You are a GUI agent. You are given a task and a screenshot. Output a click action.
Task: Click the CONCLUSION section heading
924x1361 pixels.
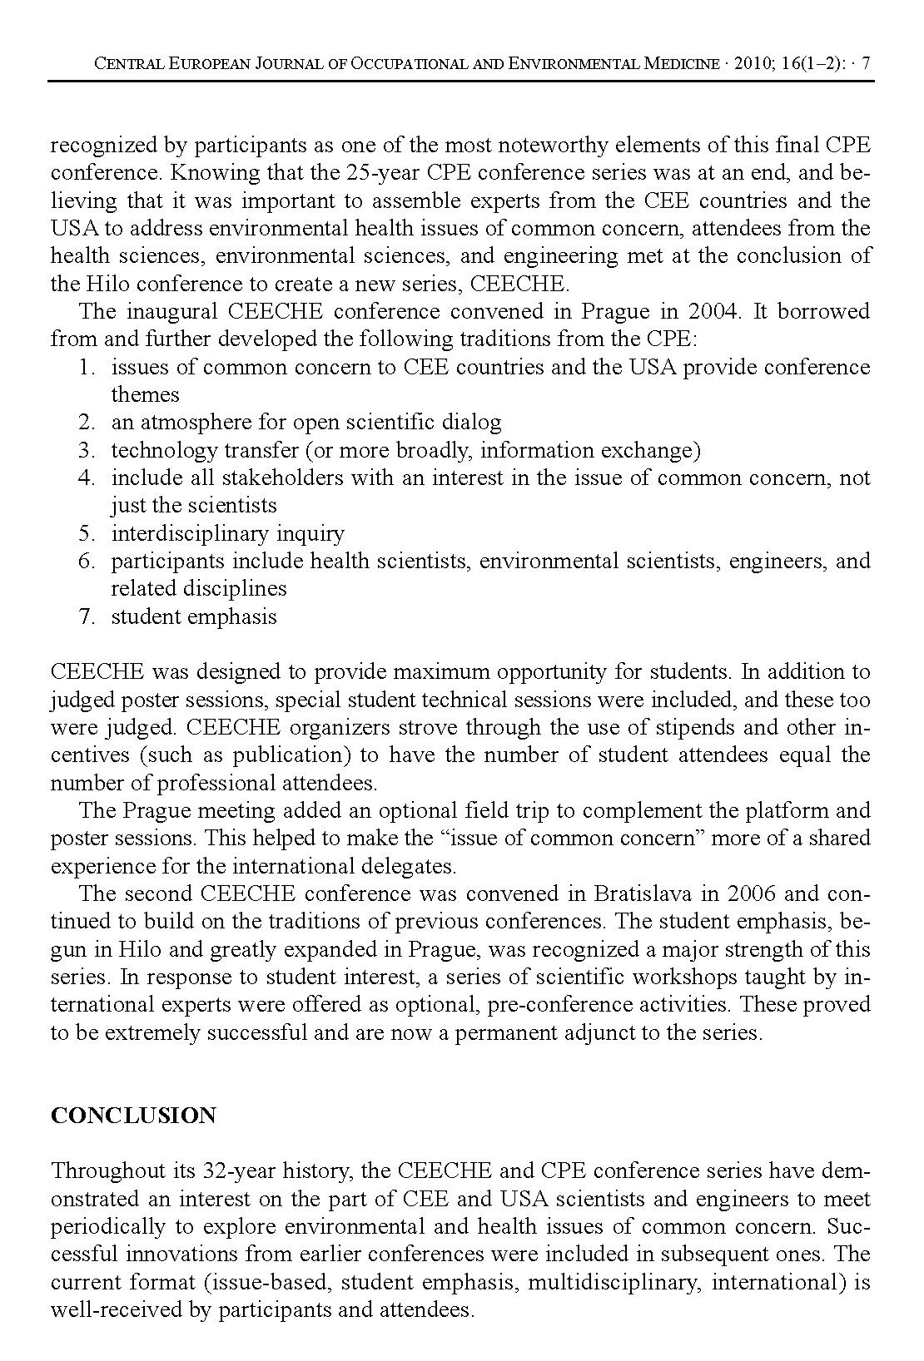pyautogui.click(x=133, y=1116)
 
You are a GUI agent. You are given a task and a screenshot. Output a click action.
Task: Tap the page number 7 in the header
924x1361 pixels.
pyautogui.click(x=866, y=63)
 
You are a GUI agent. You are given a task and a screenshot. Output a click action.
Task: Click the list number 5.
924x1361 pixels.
pyautogui.click(x=87, y=533)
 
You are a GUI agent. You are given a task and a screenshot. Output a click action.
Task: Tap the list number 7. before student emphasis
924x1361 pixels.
pyautogui.click(x=87, y=616)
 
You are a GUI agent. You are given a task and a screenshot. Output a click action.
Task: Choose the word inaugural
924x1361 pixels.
pyautogui.click(x=171, y=311)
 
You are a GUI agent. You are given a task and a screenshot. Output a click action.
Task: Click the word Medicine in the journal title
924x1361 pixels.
pyautogui.click(x=680, y=63)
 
